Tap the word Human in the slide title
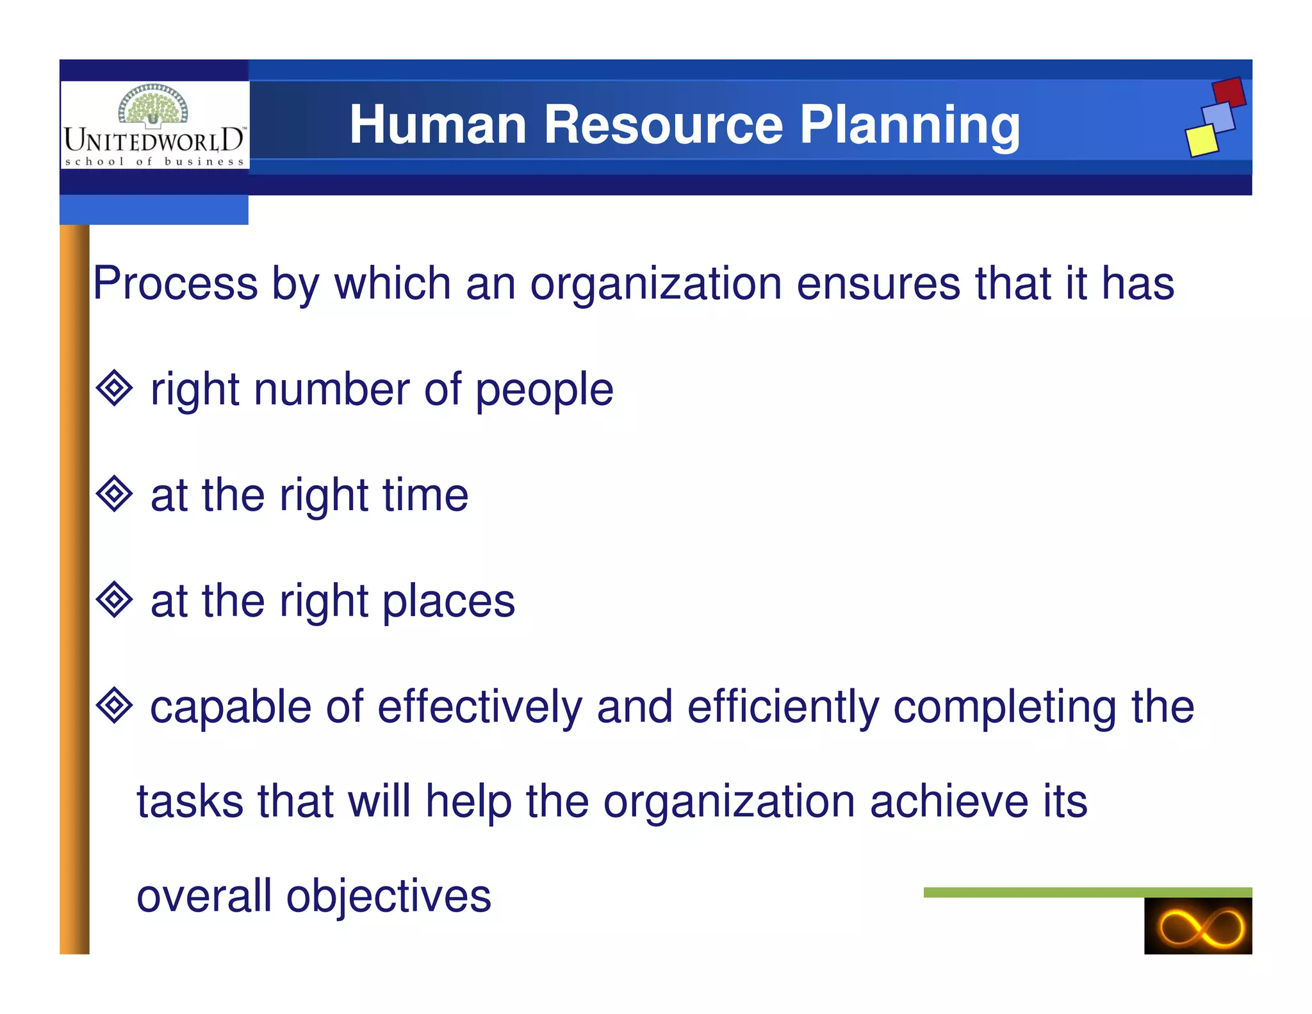tap(438, 125)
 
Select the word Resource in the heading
tap(663, 125)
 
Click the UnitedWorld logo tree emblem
tap(154, 104)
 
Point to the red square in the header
tap(1229, 92)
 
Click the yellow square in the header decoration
tap(1201, 140)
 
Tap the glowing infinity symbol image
tap(1198, 926)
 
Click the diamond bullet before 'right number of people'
tap(114, 388)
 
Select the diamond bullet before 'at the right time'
tap(114, 494)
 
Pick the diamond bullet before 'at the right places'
tap(114, 599)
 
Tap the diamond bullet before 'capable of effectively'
tap(114, 705)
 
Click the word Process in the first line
tap(175, 283)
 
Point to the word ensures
tap(878, 283)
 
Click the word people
tap(545, 390)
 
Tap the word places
tap(448, 601)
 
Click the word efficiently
tap(782, 707)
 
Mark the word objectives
tap(388, 896)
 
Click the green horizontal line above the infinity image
tap(1087, 892)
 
